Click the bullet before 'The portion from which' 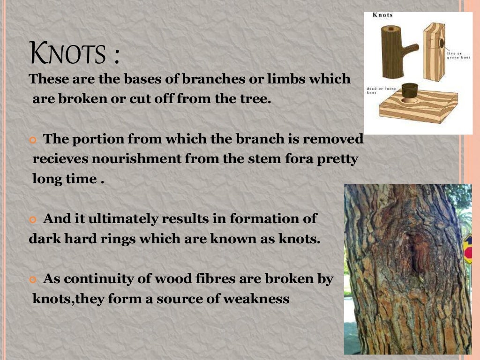click(32, 140)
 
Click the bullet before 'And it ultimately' click(32, 219)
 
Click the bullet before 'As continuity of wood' click(32, 279)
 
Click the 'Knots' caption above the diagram click(382, 15)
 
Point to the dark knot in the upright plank click(442, 43)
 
